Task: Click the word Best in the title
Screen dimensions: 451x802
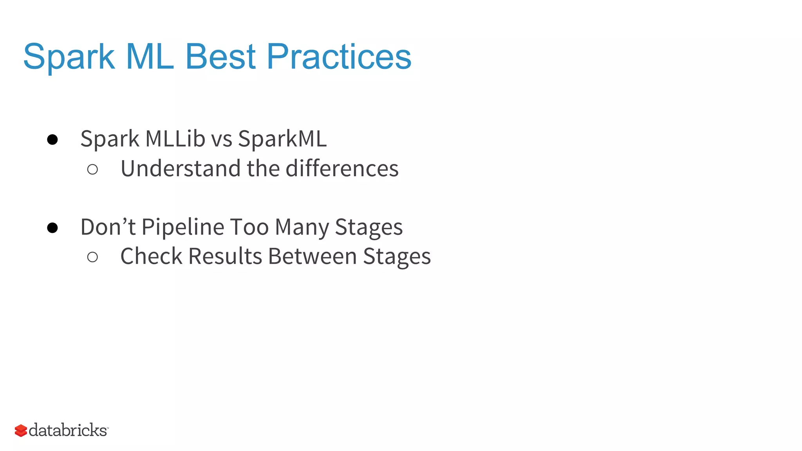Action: [x=220, y=57]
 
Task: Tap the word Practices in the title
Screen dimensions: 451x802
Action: [x=339, y=57]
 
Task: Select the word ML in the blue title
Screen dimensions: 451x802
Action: [x=150, y=57]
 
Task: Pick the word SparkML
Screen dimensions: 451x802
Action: [x=282, y=139]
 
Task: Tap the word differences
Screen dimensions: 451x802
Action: [x=342, y=168]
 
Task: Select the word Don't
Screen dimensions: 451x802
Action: [x=108, y=227]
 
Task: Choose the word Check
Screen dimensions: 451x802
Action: [x=151, y=256]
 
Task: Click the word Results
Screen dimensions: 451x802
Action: [x=225, y=256]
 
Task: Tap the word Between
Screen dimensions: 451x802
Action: [x=312, y=256]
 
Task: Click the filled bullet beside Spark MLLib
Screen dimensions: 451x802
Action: [x=52, y=140]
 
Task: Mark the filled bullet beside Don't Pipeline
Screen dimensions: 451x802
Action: [x=52, y=228]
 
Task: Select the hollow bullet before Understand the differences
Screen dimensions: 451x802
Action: [x=92, y=170]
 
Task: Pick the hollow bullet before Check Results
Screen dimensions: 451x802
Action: [x=92, y=257]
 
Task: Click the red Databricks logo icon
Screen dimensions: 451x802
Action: [x=21, y=431]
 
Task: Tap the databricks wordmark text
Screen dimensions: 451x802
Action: [x=68, y=430]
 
